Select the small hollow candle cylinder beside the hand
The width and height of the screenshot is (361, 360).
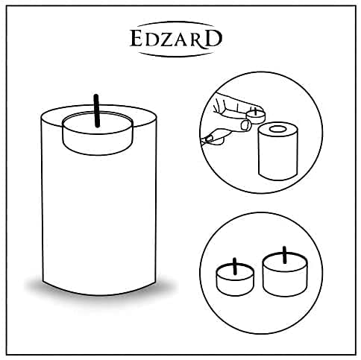(x=277, y=153)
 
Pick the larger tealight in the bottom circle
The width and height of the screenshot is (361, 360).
(x=283, y=274)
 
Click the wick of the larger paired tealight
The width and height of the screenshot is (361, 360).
(x=284, y=252)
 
